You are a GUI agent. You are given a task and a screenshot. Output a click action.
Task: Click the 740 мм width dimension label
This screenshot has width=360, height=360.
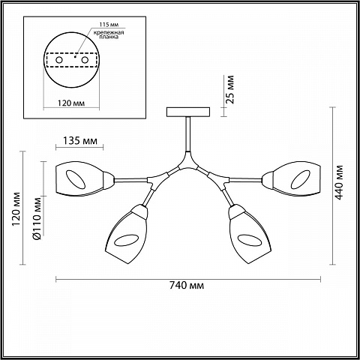coord(187,285)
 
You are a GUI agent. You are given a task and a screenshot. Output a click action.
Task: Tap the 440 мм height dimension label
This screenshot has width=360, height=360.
coord(339,182)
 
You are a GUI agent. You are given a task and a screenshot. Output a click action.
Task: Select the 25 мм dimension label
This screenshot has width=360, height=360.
coord(229,89)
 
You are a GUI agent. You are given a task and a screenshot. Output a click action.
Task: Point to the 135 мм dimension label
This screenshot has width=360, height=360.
coord(79,141)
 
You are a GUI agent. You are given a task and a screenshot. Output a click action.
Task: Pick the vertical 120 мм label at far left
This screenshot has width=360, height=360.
coord(16,208)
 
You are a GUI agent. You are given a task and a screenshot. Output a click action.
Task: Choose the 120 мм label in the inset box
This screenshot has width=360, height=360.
coord(71,103)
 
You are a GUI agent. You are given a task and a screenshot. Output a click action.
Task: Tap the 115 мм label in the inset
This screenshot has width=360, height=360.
coord(109,25)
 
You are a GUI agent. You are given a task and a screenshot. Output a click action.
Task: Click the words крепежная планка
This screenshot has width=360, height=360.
coord(109,34)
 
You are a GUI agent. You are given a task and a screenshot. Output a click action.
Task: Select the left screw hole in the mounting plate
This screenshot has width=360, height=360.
coord(59,60)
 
